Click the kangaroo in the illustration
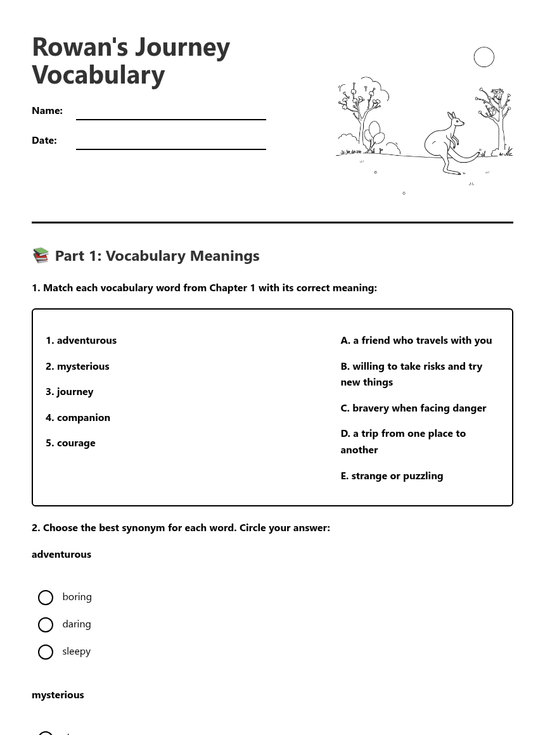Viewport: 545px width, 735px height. tap(444, 142)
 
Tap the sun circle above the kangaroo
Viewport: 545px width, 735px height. tap(484, 57)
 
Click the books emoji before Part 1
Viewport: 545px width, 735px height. tap(41, 255)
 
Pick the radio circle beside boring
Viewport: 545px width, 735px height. tap(46, 598)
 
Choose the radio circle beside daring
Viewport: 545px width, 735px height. tap(46, 625)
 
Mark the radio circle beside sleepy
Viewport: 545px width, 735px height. tap(46, 652)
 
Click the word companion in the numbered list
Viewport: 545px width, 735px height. tap(83, 417)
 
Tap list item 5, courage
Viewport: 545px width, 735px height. tap(70, 443)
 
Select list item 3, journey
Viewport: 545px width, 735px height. tap(70, 391)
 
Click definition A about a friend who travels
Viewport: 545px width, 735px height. tap(416, 340)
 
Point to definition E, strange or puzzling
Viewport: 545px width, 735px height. tap(392, 475)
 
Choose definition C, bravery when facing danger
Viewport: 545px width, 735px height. tap(413, 408)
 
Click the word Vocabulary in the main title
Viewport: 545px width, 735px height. tap(98, 75)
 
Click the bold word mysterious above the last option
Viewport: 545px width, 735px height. tap(58, 694)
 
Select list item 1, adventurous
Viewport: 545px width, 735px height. tap(81, 340)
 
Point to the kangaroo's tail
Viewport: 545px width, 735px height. tap(469, 155)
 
